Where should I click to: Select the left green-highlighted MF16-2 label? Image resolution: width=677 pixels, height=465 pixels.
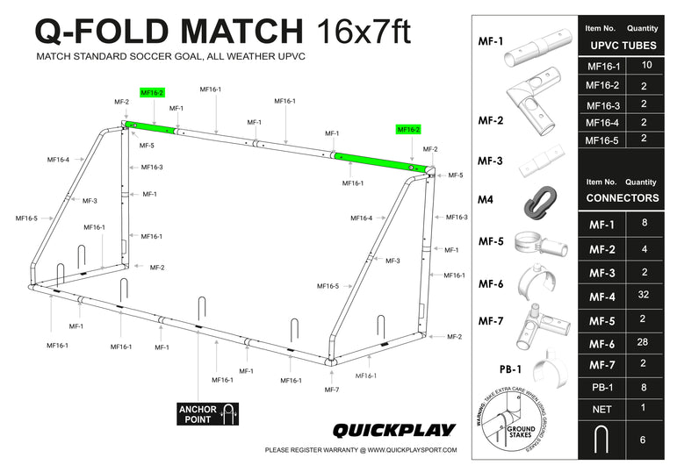pyautogui.click(x=152, y=92)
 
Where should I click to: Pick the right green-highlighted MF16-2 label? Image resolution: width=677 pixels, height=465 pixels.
pyautogui.click(x=408, y=129)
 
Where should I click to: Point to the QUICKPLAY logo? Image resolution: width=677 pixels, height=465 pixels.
pyautogui.click(x=393, y=430)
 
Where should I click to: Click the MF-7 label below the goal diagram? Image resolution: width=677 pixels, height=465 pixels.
pyautogui.click(x=331, y=390)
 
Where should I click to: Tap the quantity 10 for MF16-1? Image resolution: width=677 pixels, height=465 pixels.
pyautogui.click(x=646, y=66)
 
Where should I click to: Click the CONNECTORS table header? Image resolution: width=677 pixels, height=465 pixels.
pyautogui.click(x=623, y=197)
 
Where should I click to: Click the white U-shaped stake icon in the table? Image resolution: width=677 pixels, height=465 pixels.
pyautogui.click(x=601, y=440)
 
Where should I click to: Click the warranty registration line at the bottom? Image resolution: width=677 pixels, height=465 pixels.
pyautogui.click(x=360, y=451)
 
